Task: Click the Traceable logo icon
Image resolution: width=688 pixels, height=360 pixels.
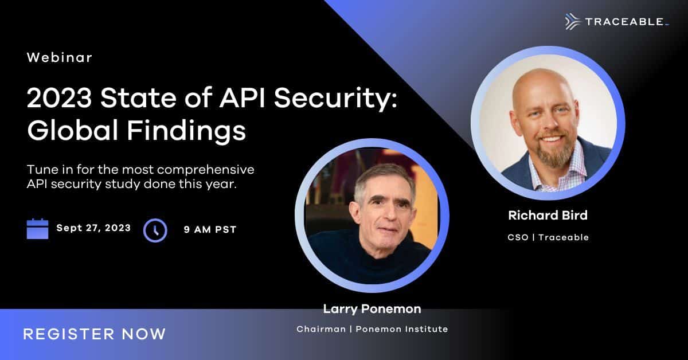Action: click(x=573, y=22)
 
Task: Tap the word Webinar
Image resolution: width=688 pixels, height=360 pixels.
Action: click(x=60, y=57)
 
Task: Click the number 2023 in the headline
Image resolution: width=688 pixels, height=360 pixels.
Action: click(x=59, y=98)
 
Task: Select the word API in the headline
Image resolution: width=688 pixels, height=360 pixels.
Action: click(x=242, y=98)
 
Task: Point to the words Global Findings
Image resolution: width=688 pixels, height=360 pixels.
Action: click(x=136, y=131)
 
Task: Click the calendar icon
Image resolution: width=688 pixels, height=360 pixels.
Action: click(x=37, y=229)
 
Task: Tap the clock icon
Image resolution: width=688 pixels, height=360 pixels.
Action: click(x=155, y=230)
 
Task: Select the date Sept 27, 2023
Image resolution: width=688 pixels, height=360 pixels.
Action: click(x=93, y=228)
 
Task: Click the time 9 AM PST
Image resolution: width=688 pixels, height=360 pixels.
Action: click(x=210, y=229)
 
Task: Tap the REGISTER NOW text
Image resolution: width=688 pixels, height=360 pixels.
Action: click(x=95, y=334)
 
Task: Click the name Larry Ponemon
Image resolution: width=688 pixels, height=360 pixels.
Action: click(x=372, y=309)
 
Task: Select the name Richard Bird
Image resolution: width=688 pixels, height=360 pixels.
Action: click(x=548, y=216)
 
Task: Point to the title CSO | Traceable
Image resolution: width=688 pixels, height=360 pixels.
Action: click(x=548, y=237)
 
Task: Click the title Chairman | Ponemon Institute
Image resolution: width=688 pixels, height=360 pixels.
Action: click(x=372, y=329)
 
